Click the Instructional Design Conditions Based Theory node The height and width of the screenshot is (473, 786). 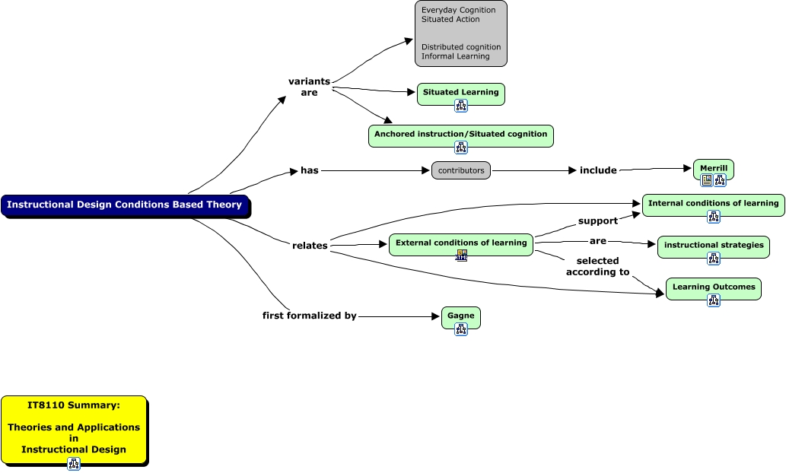[x=125, y=205]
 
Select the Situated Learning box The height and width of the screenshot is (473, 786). [x=460, y=93]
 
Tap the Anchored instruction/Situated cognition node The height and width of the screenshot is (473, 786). [x=460, y=135]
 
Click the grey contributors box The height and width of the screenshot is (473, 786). [x=461, y=170]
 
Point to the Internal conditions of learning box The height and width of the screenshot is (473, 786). [x=713, y=204]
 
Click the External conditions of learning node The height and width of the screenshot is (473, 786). [x=461, y=243]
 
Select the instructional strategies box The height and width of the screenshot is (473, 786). [x=713, y=246]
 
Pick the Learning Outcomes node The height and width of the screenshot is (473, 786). [x=713, y=287]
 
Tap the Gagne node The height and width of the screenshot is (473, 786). [x=460, y=316]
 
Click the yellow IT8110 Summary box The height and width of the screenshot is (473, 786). [x=74, y=427]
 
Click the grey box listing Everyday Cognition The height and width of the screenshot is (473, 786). [x=461, y=33]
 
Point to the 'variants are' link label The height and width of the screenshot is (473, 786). [x=309, y=87]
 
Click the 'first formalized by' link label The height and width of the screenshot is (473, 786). [x=310, y=316]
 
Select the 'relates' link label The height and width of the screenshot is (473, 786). [x=310, y=246]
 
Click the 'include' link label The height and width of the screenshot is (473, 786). [x=598, y=170]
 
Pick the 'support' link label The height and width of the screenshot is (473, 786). [x=598, y=221]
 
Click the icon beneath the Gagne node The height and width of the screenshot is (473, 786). [x=461, y=329]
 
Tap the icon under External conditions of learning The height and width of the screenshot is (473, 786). [x=461, y=256]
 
